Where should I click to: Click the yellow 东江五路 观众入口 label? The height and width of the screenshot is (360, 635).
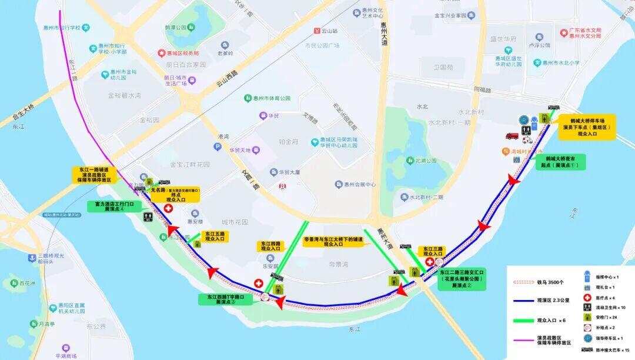pyautogui.click(x=215, y=236)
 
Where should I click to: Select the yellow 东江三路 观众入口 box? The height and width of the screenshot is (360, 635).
pyautogui.click(x=432, y=251)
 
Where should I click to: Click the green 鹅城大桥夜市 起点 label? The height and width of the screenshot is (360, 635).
pyautogui.click(x=561, y=162)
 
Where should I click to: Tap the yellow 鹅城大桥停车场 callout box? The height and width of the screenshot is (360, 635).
pyautogui.click(x=587, y=126)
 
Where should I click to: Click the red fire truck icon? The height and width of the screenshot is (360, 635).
pyautogui.click(x=511, y=136)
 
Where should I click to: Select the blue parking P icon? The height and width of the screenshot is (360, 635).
pyautogui.click(x=523, y=120)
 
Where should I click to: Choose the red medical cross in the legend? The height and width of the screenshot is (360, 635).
pyautogui.click(x=587, y=298)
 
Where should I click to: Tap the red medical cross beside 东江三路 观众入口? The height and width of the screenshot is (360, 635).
pyautogui.click(x=430, y=262)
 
